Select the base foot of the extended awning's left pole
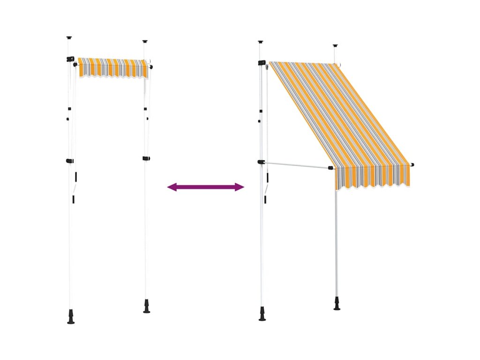(262, 314)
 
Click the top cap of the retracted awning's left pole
(69, 37)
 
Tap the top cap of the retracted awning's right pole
(145, 42)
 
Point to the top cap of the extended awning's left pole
(261, 42)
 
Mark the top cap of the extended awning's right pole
(335, 46)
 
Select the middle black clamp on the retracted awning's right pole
(146, 158)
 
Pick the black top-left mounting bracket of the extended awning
(262, 62)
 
